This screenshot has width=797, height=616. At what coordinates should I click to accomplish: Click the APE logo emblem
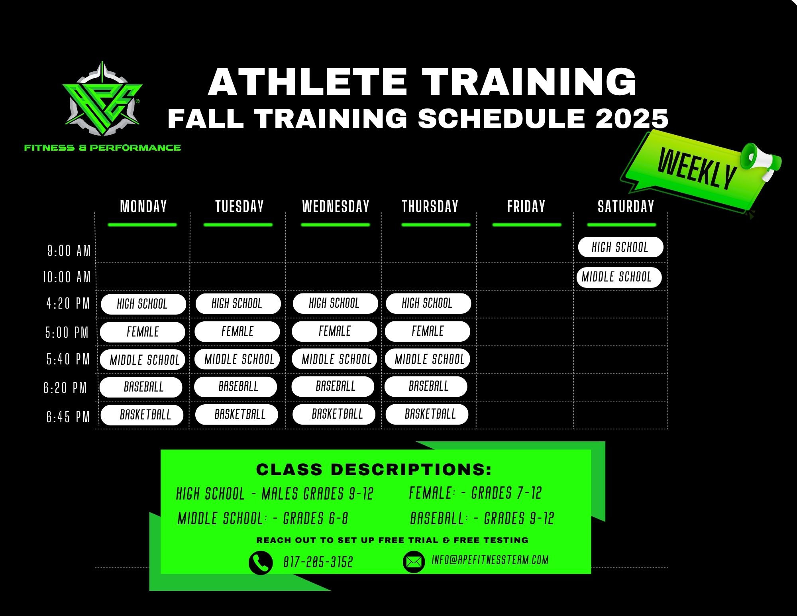pyautogui.click(x=102, y=100)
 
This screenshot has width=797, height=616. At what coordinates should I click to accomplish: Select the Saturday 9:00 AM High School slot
pyautogui.click(x=620, y=247)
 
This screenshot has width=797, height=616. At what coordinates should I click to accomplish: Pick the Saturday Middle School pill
pyautogui.click(x=619, y=277)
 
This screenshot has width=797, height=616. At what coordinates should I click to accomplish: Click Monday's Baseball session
pyautogui.click(x=141, y=387)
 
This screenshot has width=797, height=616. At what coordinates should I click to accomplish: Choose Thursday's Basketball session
pyautogui.click(x=427, y=414)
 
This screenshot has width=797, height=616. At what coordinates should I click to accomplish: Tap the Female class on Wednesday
pyautogui.click(x=334, y=331)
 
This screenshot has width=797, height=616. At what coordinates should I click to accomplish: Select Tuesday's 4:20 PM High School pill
pyautogui.click(x=238, y=304)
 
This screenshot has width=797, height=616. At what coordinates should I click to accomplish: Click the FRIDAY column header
pyautogui.click(x=526, y=207)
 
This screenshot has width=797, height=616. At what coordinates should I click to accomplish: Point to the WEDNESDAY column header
pyautogui.click(x=336, y=207)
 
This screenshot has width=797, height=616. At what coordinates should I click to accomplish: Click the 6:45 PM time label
pyautogui.click(x=68, y=417)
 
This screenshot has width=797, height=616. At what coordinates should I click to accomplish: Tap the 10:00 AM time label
pyautogui.click(x=67, y=277)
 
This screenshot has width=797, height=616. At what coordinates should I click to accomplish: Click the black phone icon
pyautogui.click(x=261, y=563)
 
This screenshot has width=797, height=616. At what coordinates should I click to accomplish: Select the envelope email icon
pyautogui.click(x=414, y=562)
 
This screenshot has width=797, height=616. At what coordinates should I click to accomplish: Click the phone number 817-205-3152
pyautogui.click(x=318, y=562)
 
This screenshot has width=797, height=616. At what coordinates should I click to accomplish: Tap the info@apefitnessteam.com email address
pyautogui.click(x=490, y=560)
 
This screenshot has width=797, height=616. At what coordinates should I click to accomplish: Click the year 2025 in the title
pyautogui.click(x=632, y=118)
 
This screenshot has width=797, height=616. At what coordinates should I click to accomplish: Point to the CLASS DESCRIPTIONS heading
pyautogui.click(x=374, y=470)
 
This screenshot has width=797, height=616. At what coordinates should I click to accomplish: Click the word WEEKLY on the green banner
pyautogui.click(x=696, y=168)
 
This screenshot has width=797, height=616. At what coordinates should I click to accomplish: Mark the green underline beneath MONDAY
pyautogui.click(x=142, y=225)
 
